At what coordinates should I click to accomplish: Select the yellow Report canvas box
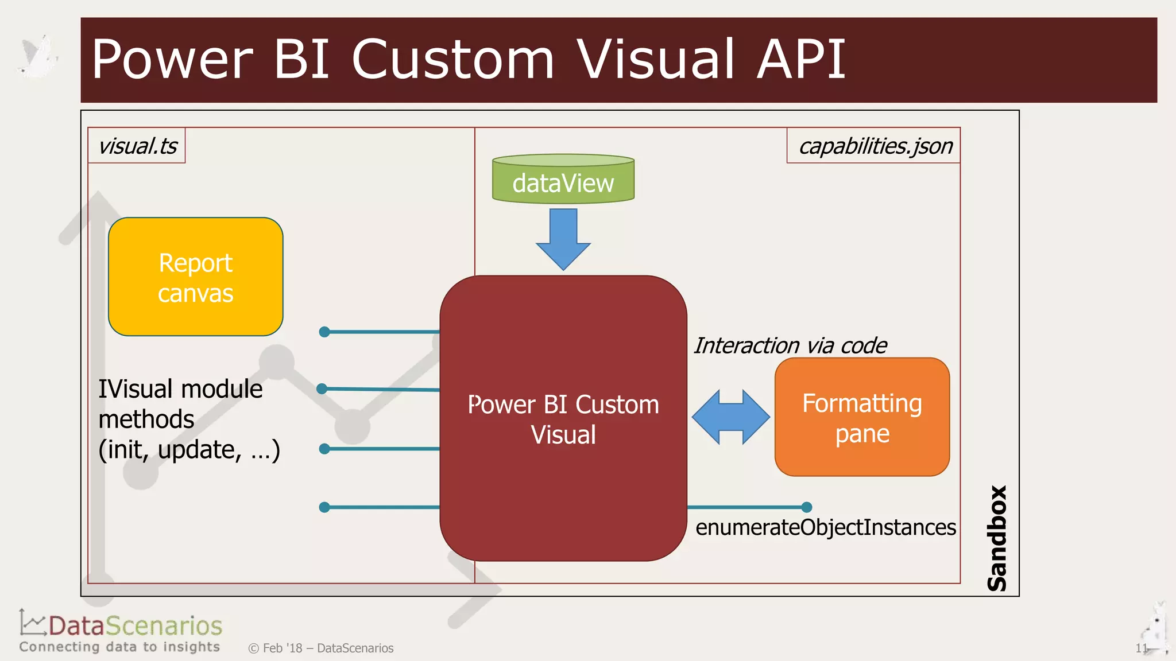click(x=195, y=277)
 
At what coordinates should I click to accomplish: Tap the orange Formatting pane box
click(x=862, y=418)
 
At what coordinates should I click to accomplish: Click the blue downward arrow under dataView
click(x=563, y=238)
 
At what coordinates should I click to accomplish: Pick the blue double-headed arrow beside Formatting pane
click(x=730, y=417)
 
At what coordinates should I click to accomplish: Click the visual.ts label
click(x=137, y=146)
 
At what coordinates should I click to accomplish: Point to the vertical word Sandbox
click(x=997, y=538)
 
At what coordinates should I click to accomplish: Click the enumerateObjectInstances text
click(x=825, y=527)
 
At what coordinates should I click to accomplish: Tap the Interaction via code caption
click(x=790, y=345)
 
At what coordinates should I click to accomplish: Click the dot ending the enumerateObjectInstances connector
click(x=806, y=507)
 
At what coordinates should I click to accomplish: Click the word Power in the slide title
click(x=172, y=59)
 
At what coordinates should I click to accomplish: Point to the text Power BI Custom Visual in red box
click(x=563, y=419)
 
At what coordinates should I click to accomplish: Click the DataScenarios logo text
click(x=135, y=625)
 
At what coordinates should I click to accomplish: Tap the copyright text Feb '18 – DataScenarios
click(x=322, y=648)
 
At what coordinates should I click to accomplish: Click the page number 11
click(x=1140, y=648)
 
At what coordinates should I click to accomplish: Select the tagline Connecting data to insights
click(x=119, y=647)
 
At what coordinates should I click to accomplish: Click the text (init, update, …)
click(x=189, y=450)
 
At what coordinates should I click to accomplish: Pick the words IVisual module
click(x=180, y=389)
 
